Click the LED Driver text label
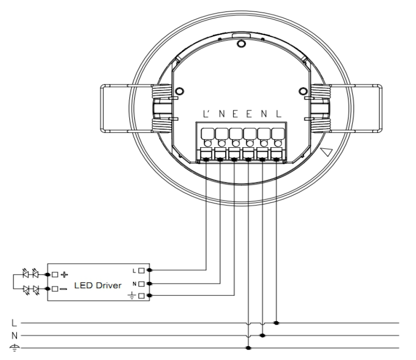97,285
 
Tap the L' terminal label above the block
206,114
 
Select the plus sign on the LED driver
64,274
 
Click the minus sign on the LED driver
64,289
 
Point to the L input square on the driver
142,270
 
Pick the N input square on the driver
142,284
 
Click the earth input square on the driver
142,295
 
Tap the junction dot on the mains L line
276,323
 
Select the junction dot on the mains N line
262,336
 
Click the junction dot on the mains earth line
249,348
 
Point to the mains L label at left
14,323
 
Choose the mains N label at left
14,336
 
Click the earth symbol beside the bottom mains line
14,348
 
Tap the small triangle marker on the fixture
327,152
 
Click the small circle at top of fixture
241,44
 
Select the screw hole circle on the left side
179,91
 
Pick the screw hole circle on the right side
303,91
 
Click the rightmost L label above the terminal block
278,114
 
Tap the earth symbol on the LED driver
132,295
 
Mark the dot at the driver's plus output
48,274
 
